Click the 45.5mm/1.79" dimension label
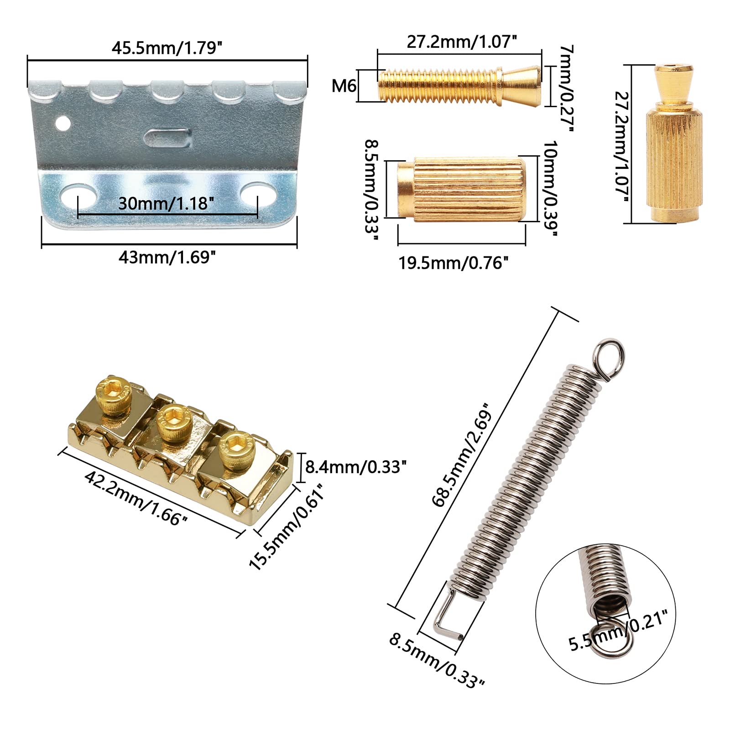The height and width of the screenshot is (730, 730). click(x=167, y=47)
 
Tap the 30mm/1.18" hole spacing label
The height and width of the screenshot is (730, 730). click(x=167, y=203)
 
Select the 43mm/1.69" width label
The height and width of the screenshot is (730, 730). click(x=167, y=257)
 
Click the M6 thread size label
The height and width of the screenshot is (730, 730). click(x=344, y=85)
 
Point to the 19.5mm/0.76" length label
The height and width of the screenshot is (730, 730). click(x=454, y=263)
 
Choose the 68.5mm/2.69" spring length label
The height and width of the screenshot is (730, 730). click(x=462, y=454)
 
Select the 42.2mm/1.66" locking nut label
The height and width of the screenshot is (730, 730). click(x=136, y=498)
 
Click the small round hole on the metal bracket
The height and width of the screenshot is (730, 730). click(x=63, y=123)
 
